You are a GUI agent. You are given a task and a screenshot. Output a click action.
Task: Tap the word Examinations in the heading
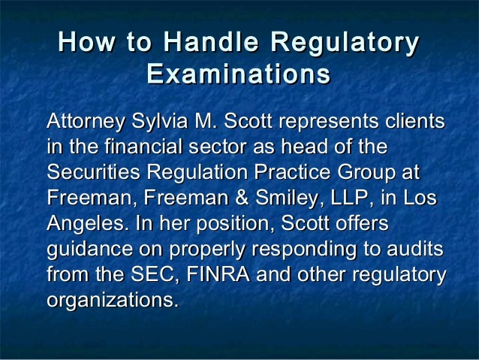239,75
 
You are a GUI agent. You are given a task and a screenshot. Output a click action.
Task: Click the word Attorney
85,122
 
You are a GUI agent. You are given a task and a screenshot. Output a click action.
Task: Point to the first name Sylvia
159,122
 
